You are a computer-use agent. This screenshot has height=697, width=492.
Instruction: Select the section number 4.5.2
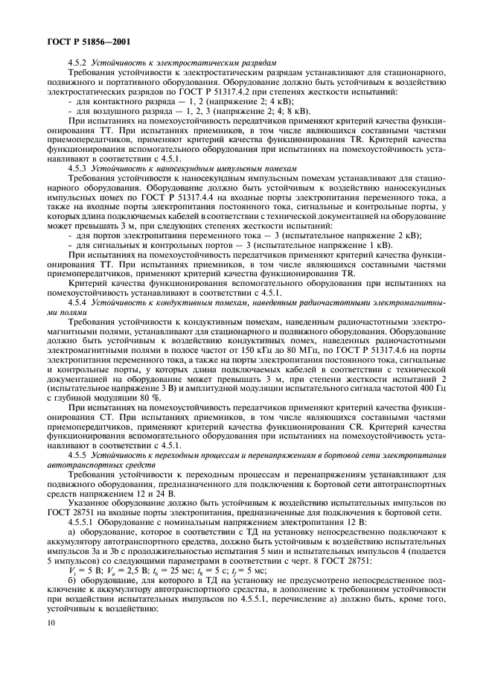pyautogui.click(x=78, y=63)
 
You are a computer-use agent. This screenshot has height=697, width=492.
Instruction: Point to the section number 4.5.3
pyautogui.click(x=78, y=169)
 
